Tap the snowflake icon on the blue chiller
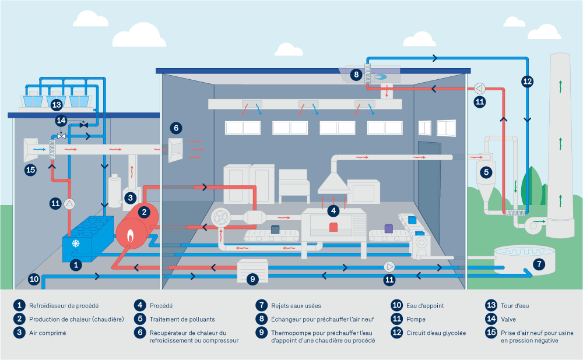click(x=75, y=243)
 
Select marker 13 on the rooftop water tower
click(x=56, y=105)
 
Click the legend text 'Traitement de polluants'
click(x=182, y=319)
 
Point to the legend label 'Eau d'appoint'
click(x=426, y=305)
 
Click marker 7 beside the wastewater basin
click(x=539, y=264)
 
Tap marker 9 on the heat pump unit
click(x=252, y=279)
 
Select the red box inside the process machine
click(x=333, y=227)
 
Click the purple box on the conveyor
click(x=389, y=229)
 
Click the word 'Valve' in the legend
click(x=508, y=319)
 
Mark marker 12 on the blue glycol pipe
click(x=527, y=82)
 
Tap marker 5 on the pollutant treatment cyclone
click(x=485, y=172)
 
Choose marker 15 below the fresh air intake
click(x=31, y=170)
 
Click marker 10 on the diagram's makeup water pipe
click(x=34, y=280)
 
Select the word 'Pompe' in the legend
click(x=416, y=319)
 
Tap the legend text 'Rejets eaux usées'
click(x=296, y=305)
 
